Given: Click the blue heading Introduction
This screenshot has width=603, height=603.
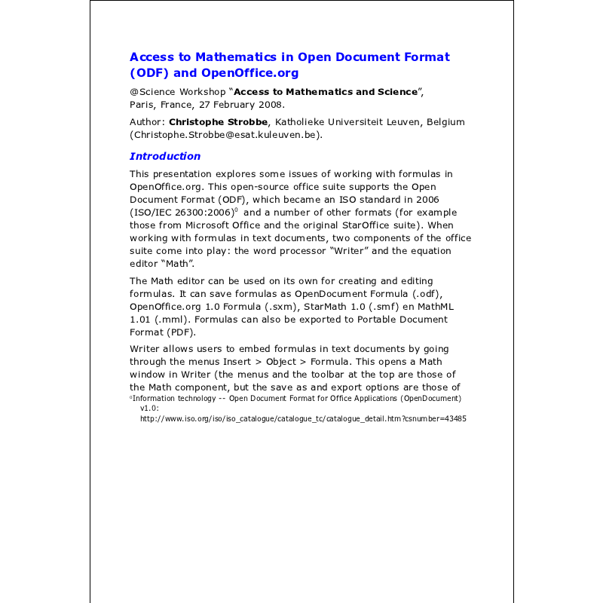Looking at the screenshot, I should tap(165, 156).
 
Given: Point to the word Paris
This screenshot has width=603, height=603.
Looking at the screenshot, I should tap(142, 105).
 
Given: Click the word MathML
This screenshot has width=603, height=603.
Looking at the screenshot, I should tap(434, 307).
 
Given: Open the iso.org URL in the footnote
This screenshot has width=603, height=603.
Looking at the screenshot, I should tap(303, 418).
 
